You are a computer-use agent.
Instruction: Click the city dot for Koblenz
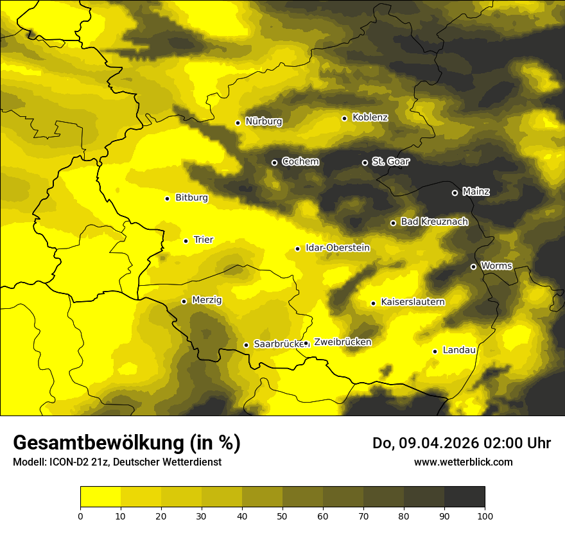(x=344, y=118)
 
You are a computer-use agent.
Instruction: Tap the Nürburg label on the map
(x=263, y=121)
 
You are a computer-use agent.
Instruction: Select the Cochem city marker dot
(x=274, y=162)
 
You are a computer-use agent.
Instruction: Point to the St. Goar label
(x=390, y=162)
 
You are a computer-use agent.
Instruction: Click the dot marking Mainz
(x=455, y=193)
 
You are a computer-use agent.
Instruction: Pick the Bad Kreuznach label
(x=434, y=222)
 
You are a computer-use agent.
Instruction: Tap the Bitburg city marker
(x=167, y=198)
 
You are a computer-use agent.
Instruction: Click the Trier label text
(x=204, y=240)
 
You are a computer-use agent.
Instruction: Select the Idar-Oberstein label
(x=337, y=248)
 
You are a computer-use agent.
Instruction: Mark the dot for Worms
(x=473, y=266)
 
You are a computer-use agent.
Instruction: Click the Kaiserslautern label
(x=412, y=302)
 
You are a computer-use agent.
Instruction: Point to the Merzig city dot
(x=184, y=301)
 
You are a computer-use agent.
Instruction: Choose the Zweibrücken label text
(x=342, y=342)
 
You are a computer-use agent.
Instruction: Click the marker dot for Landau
(x=435, y=351)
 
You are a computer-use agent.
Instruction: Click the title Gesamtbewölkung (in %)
(x=126, y=443)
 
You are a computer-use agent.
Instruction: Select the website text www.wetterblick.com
(x=463, y=462)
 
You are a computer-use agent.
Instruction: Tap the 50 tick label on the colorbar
(x=282, y=516)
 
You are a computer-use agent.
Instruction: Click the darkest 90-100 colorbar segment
(x=464, y=497)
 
